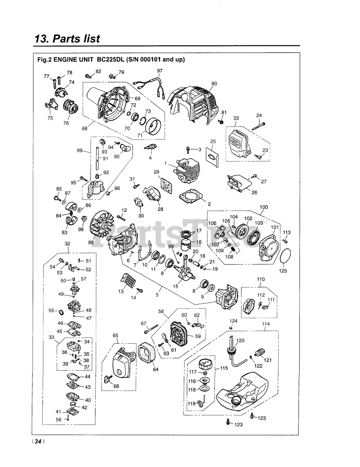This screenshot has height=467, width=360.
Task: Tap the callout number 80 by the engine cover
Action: click(214, 84)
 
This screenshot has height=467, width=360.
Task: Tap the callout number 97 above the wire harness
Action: click(160, 71)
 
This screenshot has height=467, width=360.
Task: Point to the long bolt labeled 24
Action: click(259, 126)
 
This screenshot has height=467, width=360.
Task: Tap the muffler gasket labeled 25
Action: click(212, 157)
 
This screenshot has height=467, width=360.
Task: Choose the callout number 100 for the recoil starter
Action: click(264, 207)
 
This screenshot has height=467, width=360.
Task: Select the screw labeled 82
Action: click(88, 76)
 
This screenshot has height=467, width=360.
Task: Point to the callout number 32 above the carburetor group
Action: click(67, 244)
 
